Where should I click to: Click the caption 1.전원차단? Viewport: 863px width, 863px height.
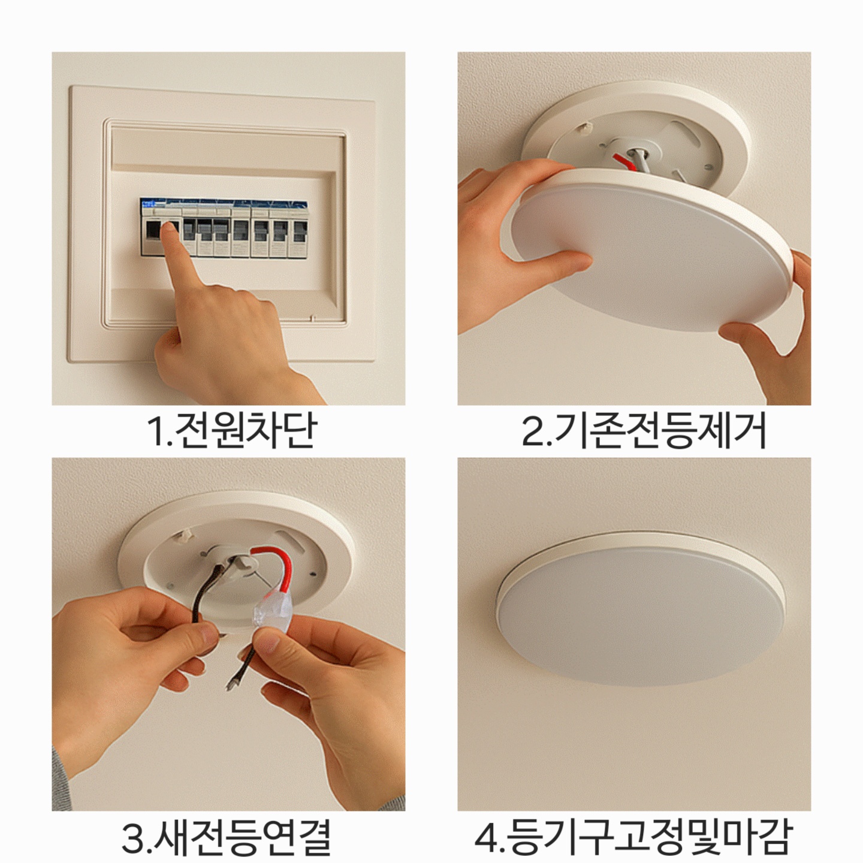233,430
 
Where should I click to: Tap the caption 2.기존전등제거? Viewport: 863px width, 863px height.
644,430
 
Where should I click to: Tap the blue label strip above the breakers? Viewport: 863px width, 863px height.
224,204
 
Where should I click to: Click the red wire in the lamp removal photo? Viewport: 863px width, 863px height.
624,162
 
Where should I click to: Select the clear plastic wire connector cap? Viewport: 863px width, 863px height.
274,611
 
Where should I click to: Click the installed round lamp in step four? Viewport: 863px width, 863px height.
641,609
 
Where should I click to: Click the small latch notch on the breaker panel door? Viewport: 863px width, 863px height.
313,319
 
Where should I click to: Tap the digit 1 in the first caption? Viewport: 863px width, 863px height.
156,431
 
